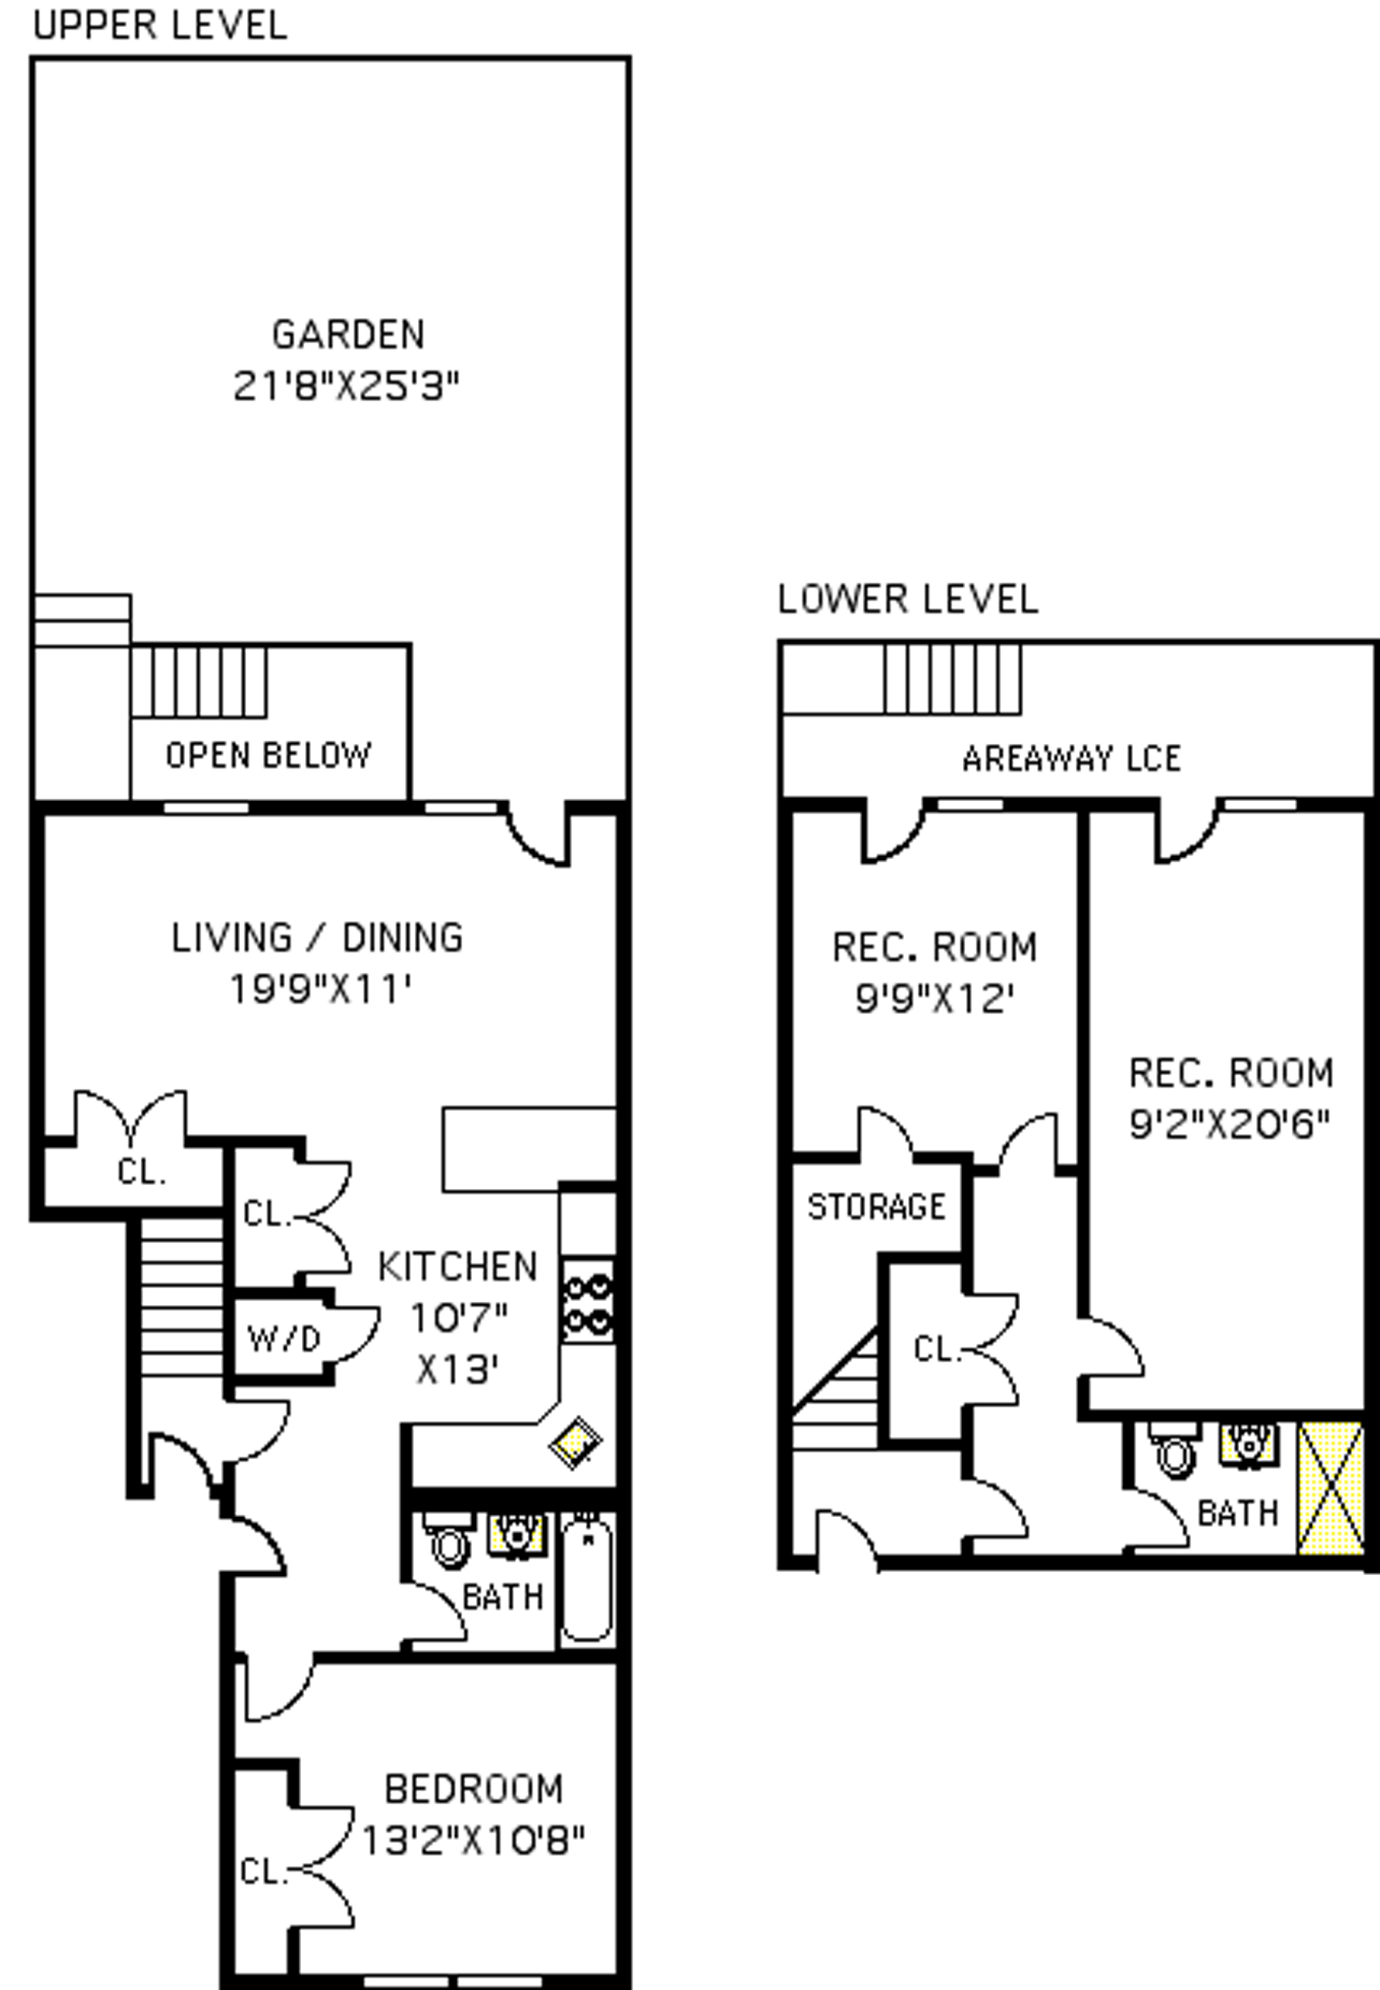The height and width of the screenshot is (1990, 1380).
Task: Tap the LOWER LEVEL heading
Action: coord(908,599)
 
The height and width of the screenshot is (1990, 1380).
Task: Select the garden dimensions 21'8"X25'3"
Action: coord(346,385)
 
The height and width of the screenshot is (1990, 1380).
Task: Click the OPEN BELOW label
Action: coord(269,755)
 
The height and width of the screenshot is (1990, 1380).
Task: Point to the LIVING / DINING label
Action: coord(317,938)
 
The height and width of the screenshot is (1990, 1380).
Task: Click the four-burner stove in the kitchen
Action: coord(588,1300)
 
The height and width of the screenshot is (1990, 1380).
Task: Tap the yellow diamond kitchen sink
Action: coord(576,1442)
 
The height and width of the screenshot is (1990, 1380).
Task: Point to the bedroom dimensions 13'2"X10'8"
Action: coord(473,1841)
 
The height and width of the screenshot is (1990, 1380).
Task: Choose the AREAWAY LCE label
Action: coord(1071,759)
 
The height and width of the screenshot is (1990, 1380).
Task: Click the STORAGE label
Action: coord(876,1206)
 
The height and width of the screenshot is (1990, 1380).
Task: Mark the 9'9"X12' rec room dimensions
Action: coord(934,999)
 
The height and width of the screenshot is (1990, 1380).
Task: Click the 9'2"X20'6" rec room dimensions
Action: coord(1230,1125)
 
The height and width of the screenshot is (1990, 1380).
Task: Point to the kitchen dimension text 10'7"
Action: coord(458,1318)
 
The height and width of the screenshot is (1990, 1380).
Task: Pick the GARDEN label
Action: coord(348,334)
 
